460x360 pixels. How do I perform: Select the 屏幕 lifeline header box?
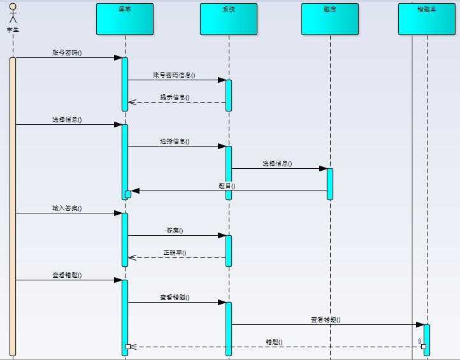click(125, 19)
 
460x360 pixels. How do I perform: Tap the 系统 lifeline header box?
click(229, 19)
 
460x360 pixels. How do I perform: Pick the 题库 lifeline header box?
click(330, 19)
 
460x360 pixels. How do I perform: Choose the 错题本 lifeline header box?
click(427, 19)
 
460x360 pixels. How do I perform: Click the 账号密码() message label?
click(67, 53)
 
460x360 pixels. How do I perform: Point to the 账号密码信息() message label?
click(174, 75)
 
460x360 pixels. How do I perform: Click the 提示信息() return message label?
click(175, 97)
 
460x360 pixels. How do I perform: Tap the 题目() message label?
click(227, 186)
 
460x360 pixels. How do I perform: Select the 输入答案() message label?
click(67, 208)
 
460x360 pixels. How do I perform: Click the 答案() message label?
click(175, 231)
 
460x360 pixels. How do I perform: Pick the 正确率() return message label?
click(175, 253)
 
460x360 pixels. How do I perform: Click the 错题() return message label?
click(274, 342)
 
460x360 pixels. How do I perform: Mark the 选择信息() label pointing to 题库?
click(277, 164)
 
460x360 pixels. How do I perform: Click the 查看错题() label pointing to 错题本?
click(325, 320)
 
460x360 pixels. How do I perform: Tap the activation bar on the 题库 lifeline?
click(330, 184)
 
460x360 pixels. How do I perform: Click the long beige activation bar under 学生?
click(13, 204)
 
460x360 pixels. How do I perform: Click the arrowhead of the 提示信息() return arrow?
click(131, 102)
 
